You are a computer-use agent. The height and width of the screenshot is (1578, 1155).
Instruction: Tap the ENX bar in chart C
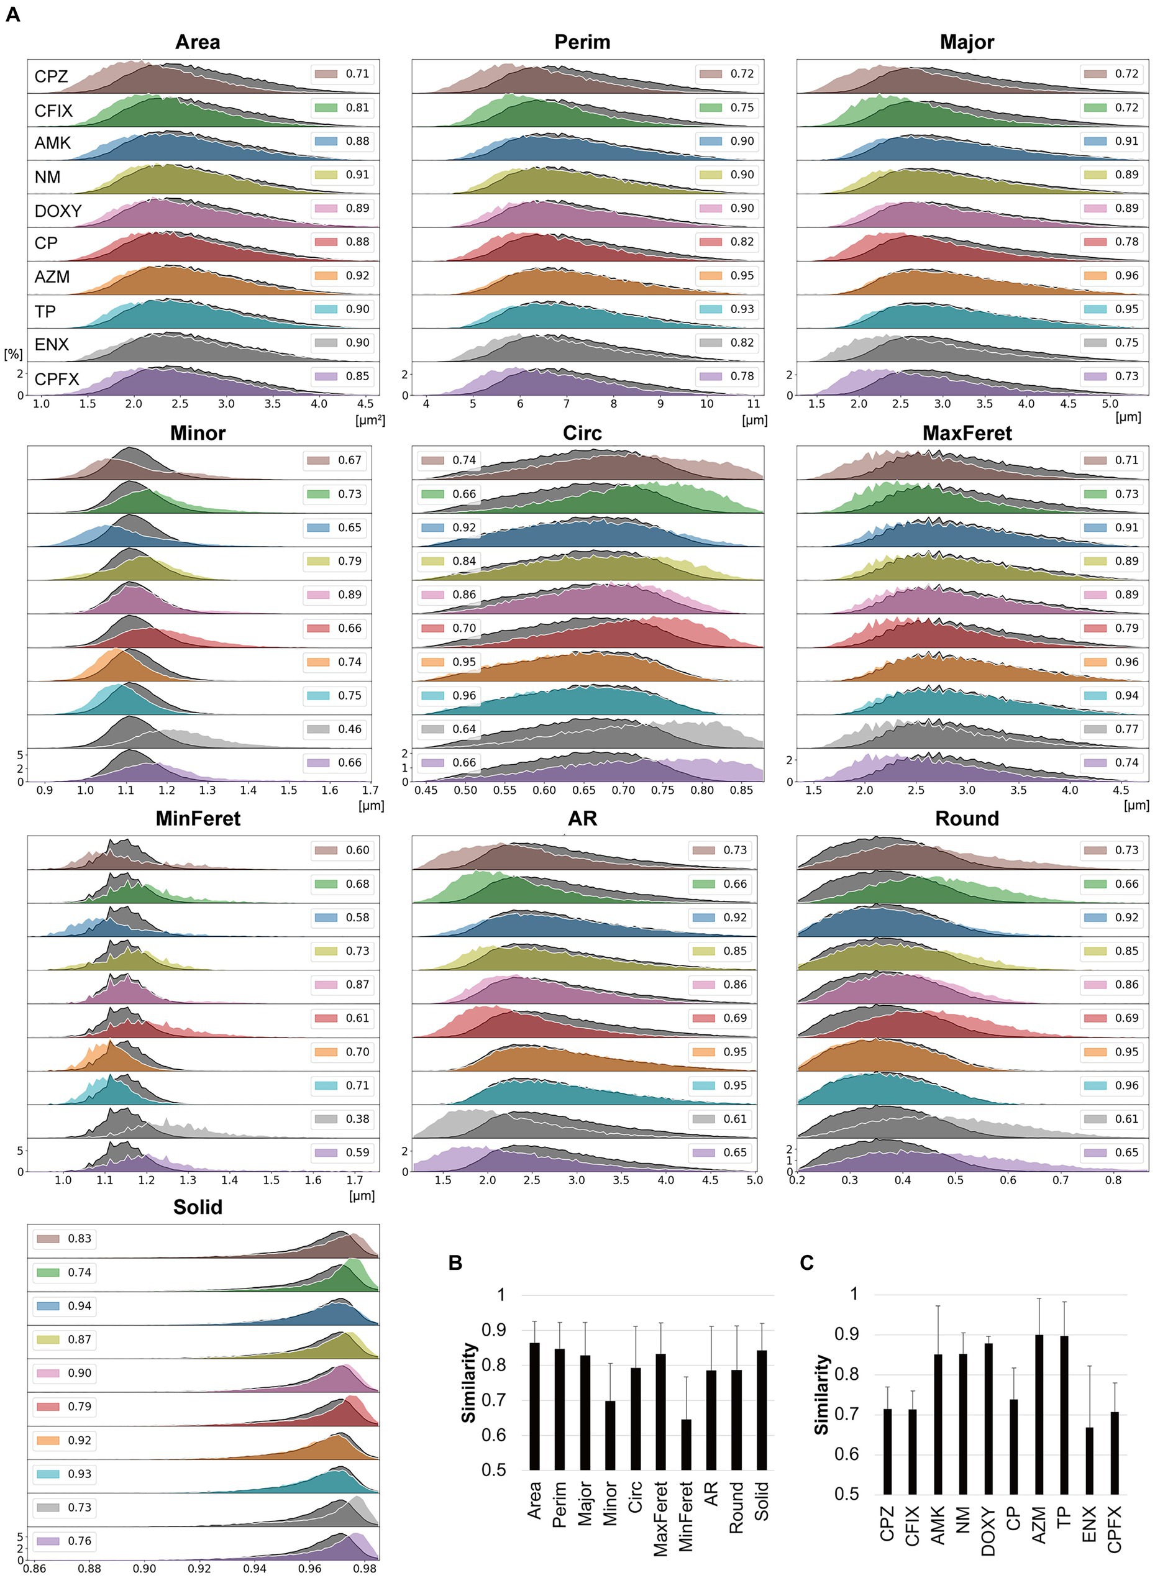pos(1089,1459)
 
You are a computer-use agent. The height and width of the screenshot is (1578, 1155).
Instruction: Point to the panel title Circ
pos(582,433)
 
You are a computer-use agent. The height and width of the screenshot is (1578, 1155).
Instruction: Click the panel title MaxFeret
pos(967,433)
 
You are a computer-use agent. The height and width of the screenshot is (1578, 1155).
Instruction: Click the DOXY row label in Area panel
pos(58,211)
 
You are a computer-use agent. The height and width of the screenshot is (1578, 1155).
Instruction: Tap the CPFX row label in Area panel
pos(57,379)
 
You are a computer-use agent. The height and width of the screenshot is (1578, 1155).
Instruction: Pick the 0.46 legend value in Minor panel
pos(350,729)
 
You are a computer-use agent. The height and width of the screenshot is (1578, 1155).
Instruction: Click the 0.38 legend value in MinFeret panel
pos(357,1119)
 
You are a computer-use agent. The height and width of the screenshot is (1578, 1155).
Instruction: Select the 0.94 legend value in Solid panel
pos(80,1305)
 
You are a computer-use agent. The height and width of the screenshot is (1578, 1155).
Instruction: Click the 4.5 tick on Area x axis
pos(365,403)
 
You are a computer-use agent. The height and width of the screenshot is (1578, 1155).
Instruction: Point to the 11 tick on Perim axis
pos(753,403)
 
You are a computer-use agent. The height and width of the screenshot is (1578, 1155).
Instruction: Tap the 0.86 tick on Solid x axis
pos(34,1567)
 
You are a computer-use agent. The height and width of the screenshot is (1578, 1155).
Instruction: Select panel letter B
pos(455,1262)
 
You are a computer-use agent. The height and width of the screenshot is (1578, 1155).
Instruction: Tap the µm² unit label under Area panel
pos(370,420)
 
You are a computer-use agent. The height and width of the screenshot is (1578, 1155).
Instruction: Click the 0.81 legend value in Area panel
pos(357,107)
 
